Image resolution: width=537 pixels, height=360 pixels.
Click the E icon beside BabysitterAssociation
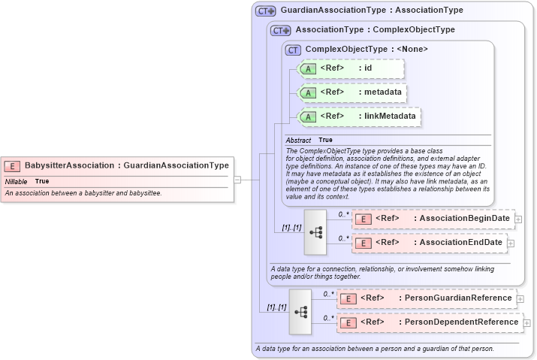point(12,165)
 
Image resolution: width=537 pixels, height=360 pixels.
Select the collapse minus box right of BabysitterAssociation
point(237,180)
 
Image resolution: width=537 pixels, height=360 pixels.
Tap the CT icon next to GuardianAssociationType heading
point(266,11)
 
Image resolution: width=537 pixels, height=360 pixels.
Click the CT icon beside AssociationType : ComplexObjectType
point(281,31)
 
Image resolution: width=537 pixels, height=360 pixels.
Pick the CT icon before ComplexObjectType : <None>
point(294,50)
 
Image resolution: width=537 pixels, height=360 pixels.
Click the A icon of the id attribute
point(308,69)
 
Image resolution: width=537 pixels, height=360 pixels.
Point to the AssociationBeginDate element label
point(464,219)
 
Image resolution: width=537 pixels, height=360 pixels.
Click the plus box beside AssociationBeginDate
point(518,219)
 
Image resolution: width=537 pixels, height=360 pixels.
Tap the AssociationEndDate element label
point(460,243)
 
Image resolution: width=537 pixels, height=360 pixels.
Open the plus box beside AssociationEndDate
point(511,243)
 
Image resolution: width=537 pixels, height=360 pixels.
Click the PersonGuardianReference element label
point(458,298)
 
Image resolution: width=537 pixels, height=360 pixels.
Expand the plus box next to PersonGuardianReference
point(521,298)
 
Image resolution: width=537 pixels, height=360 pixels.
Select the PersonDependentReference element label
point(461,322)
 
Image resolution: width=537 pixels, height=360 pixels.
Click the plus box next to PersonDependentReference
point(526,323)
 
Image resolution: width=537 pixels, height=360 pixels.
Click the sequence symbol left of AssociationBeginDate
point(315,232)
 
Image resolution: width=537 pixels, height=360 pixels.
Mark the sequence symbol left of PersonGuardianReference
point(300,311)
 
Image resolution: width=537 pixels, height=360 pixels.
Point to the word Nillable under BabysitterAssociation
point(17,181)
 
